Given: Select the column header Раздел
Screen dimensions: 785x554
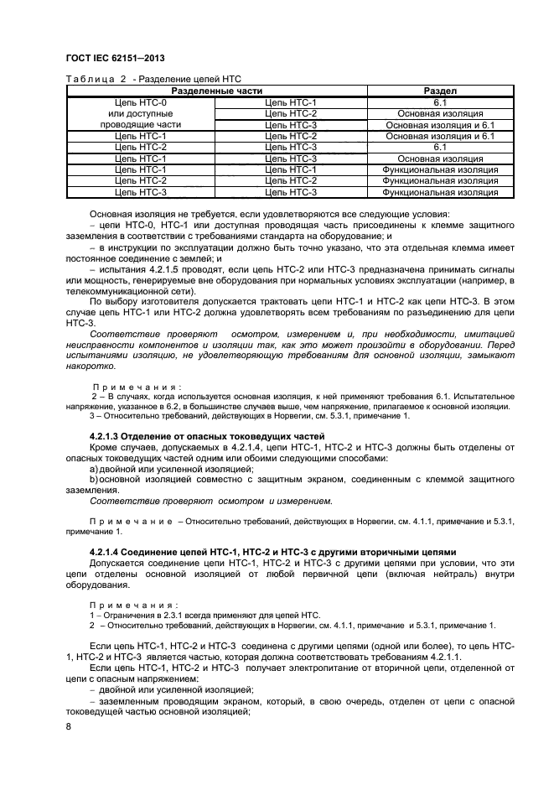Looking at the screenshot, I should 440,91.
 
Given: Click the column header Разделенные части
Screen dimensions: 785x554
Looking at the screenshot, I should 216,91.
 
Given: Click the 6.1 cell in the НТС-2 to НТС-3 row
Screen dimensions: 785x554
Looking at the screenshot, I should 440,147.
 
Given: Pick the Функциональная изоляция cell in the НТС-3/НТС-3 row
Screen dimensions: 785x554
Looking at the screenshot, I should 440,192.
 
